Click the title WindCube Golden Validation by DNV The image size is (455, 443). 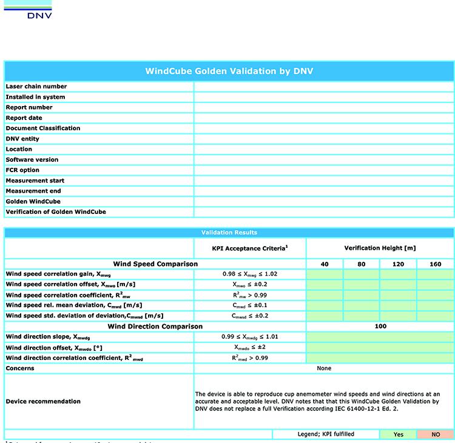tap(229, 71)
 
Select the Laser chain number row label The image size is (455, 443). tap(36, 87)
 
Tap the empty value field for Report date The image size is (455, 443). tap(324, 118)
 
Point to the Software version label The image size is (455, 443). tap(32, 160)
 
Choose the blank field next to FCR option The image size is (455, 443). tap(324, 170)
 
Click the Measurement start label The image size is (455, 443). tap(35, 181)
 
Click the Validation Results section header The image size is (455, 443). tap(229, 233)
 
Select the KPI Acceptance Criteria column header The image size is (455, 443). tap(250, 248)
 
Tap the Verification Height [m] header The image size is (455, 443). tap(380, 248)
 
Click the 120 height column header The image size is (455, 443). tap(398, 264)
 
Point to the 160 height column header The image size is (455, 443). tap(436, 264)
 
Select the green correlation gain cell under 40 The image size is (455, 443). tap(325, 275)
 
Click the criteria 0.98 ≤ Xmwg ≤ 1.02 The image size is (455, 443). tap(250, 275)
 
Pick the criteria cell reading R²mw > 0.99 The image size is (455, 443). tap(250, 295)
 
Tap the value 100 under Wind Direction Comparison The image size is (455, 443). tap(380, 327)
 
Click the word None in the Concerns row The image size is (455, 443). tap(324, 368)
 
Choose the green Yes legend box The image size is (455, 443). tap(398, 435)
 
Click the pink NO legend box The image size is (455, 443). tap(436, 435)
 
